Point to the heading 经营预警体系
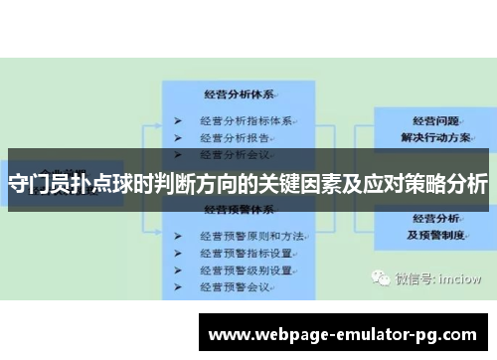238,211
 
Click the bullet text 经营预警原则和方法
249,236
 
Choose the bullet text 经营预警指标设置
246,253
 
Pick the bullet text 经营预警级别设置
246,270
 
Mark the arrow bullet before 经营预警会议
177,286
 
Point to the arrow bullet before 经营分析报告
177,138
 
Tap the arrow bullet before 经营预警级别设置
177,270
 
